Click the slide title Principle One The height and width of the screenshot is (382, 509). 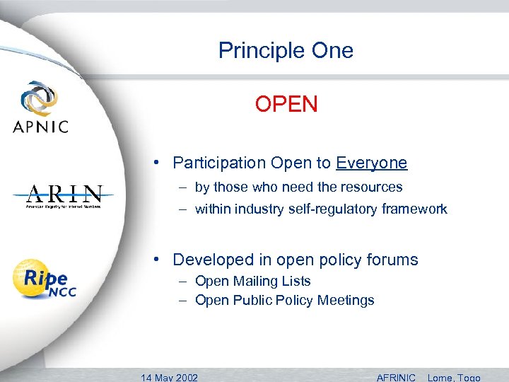pos(286,51)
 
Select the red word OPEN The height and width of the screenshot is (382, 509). pos(286,105)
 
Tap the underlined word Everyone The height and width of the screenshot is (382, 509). pos(371,163)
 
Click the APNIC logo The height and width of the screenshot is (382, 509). pos(40,108)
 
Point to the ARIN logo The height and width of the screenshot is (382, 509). pos(64,196)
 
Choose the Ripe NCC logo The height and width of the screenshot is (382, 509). pos(45,279)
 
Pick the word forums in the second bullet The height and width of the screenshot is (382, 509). pos(394,260)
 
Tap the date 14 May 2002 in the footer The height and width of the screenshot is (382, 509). pos(170,376)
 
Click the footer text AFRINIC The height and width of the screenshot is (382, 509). pos(396,376)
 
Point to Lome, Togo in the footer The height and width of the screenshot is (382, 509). pos(454,376)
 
